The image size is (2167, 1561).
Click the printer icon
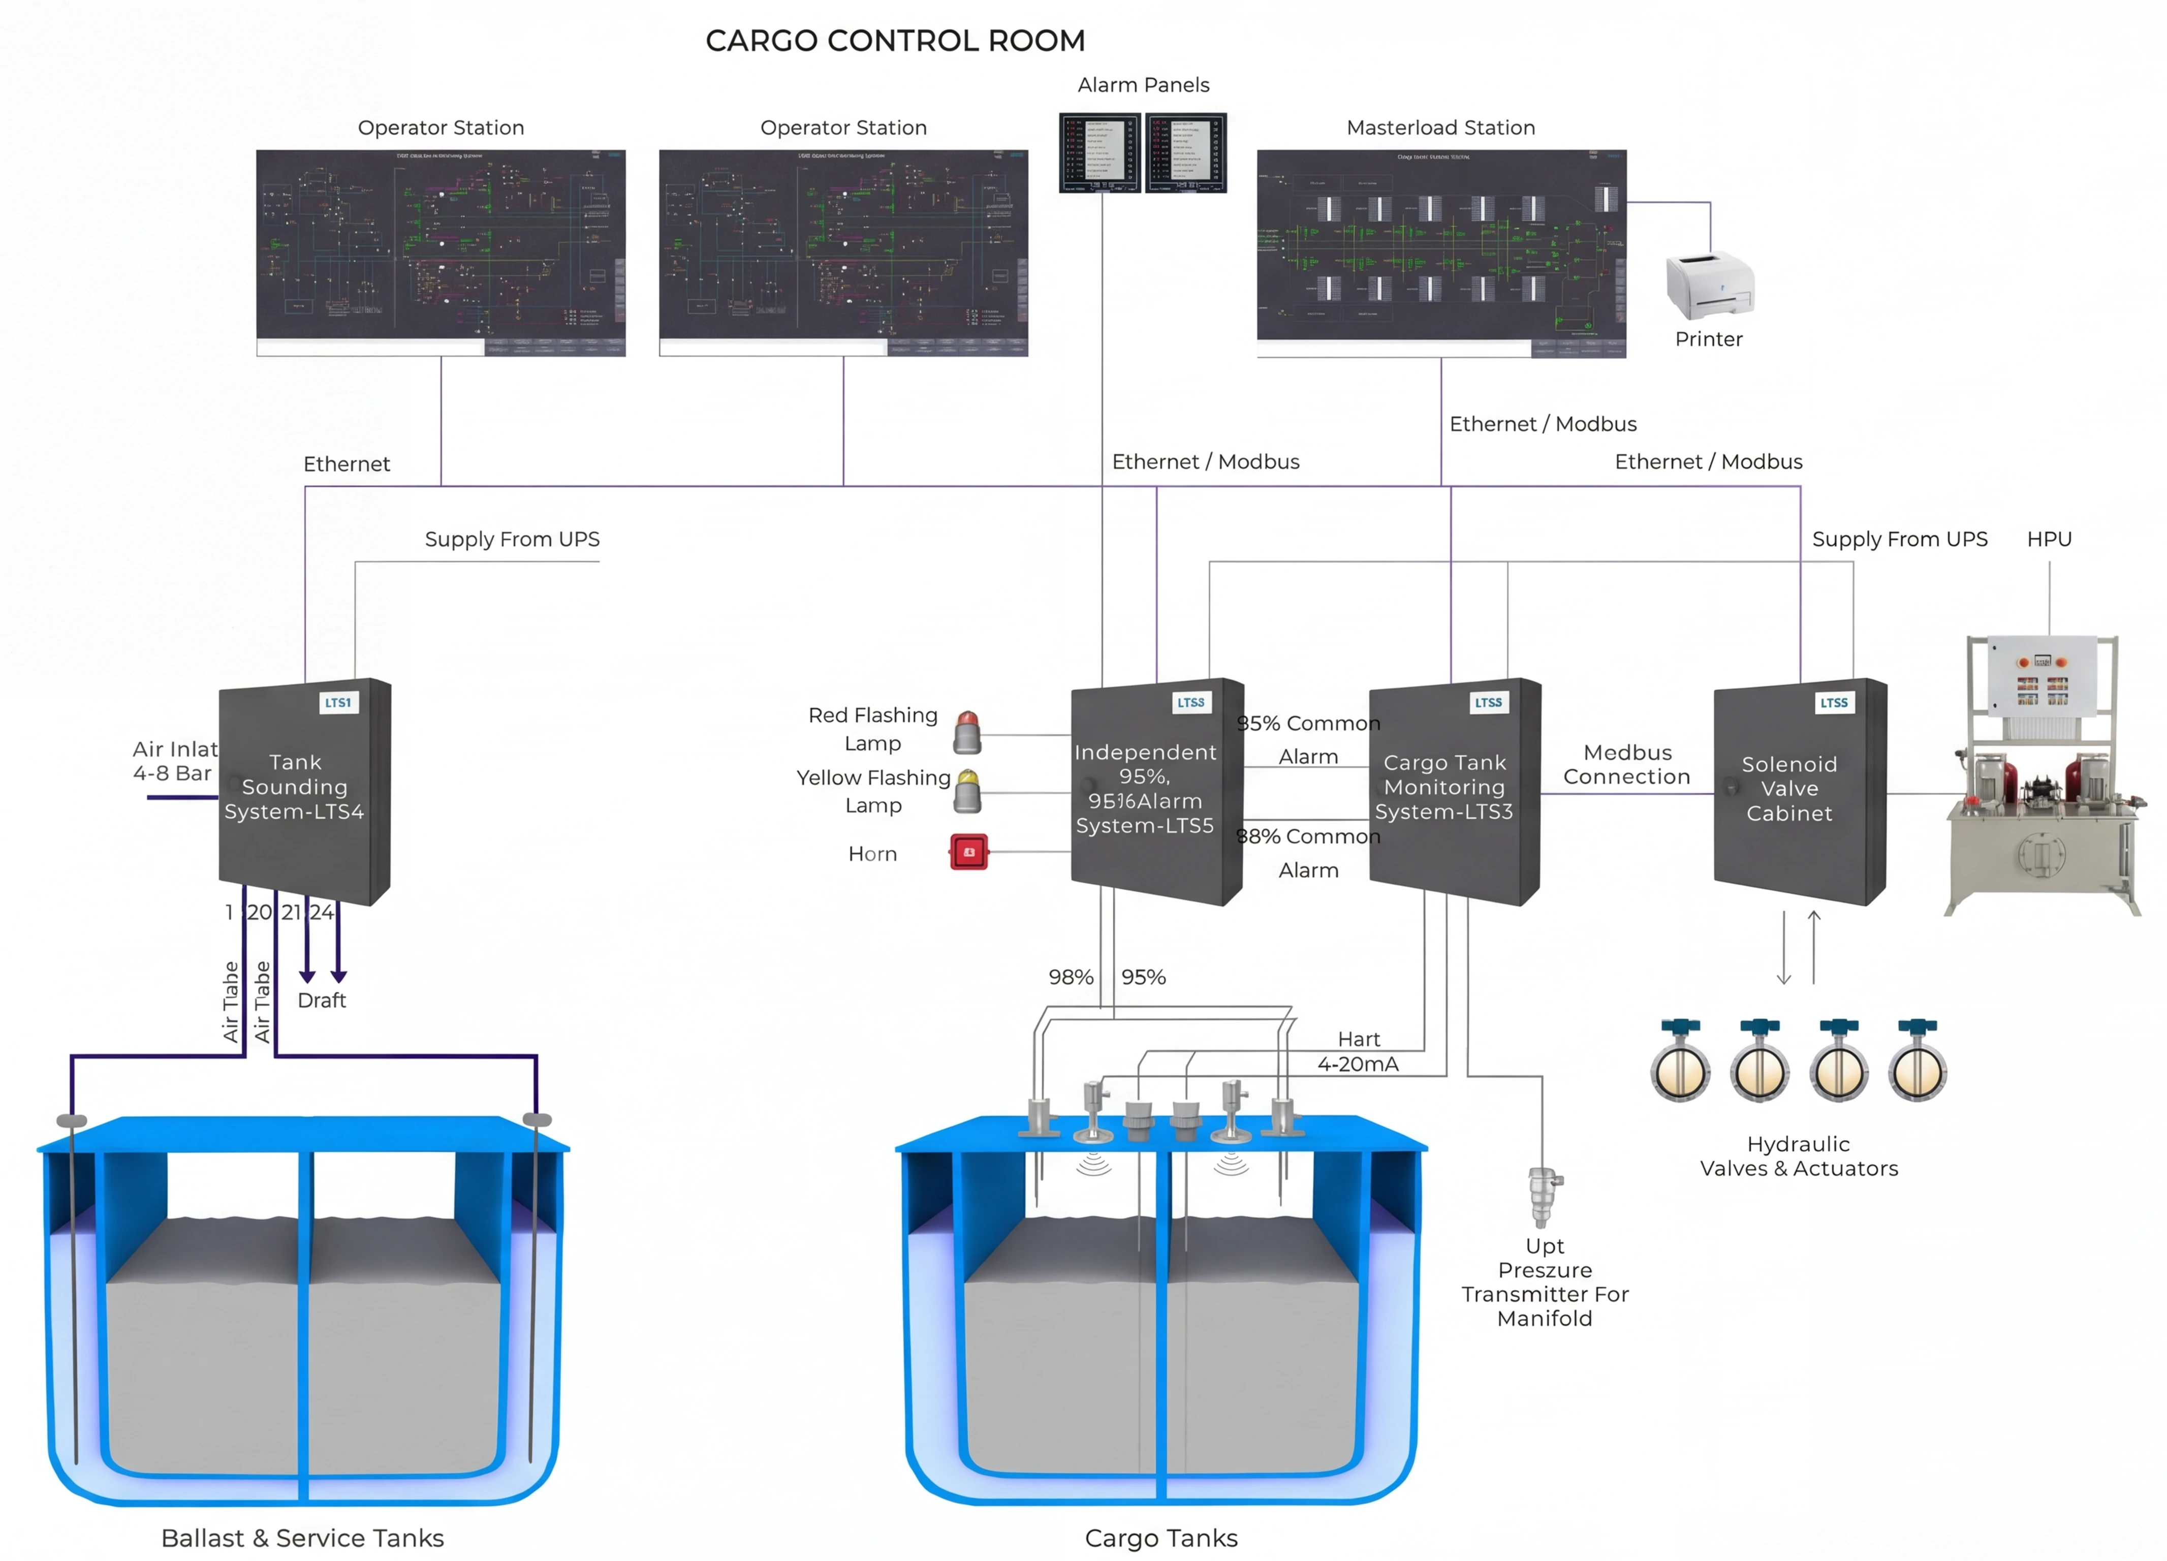(1709, 285)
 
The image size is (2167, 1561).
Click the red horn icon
(969, 851)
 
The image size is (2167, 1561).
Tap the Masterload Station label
(1440, 128)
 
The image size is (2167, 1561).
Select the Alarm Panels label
(1143, 85)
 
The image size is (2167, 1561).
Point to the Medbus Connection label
(1626, 764)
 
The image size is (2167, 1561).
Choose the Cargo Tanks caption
(1161, 1538)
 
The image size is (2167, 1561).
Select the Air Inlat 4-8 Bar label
(174, 761)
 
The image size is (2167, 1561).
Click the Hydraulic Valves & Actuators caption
(1798, 1156)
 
